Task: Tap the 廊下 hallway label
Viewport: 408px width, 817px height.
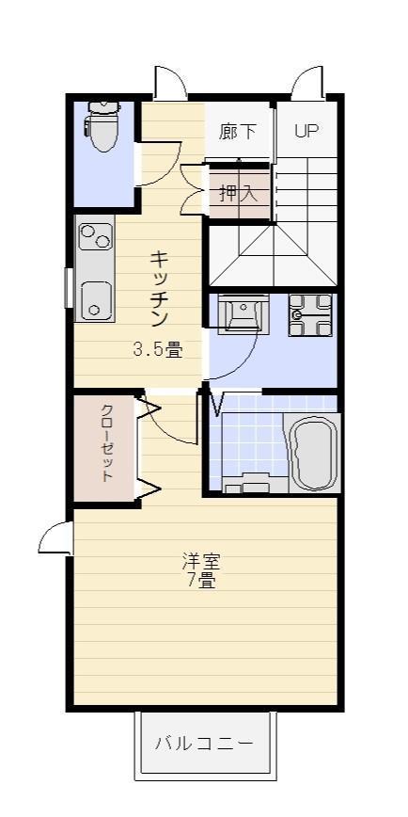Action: coord(237,132)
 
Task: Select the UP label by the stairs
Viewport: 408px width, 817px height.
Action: coord(306,131)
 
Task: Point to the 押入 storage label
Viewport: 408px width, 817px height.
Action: coord(237,194)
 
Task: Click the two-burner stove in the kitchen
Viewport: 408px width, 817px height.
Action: coord(94,235)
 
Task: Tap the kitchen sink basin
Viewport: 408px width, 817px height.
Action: coord(95,299)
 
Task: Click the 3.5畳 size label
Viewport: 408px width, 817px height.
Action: coord(157,350)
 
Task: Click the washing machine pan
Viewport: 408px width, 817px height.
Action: coord(309,315)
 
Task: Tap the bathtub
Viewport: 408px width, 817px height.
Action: coord(312,452)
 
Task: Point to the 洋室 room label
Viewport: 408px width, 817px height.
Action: coord(201,562)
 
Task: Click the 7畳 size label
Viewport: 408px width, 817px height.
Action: coord(201,581)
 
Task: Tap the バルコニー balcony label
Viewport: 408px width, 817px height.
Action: coord(204,744)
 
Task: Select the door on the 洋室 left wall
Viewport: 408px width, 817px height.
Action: coord(56,538)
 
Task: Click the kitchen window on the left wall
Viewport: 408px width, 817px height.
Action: coord(69,288)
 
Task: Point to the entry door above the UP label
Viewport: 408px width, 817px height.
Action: coord(306,85)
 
